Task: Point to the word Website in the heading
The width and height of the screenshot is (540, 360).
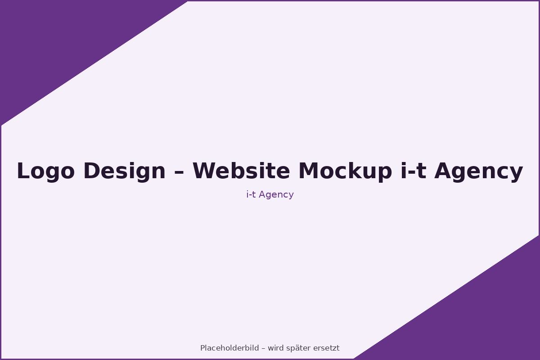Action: point(241,170)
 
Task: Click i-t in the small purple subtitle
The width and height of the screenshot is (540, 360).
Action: point(251,194)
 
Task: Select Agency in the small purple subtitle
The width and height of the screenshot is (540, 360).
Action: point(276,195)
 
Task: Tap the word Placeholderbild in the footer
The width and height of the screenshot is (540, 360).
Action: point(229,348)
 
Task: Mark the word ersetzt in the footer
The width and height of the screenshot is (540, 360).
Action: point(326,348)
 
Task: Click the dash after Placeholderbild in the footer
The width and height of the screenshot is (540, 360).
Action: point(263,349)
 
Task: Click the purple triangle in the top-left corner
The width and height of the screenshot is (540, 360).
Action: point(60,41)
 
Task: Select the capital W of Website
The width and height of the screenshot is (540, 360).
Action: point(205,170)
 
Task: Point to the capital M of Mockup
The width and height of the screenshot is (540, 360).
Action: point(309,170)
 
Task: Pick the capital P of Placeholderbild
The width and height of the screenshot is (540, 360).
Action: point(203,348)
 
